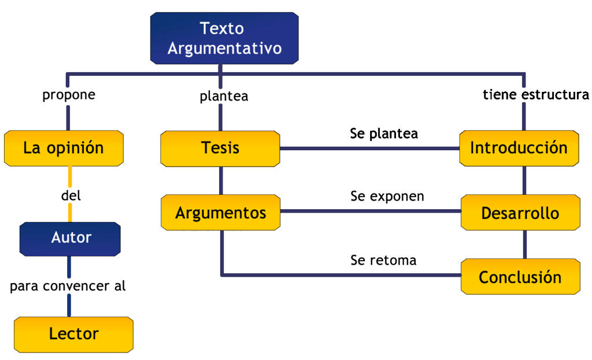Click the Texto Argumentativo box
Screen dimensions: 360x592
click(224, 38)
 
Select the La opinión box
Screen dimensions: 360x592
click(64, 148)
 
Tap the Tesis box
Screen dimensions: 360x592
click(220, 148)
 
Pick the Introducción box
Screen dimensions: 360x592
click(519, 148)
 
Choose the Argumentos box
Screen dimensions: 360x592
click(220, 213)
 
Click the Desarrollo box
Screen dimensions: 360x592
click(520, 213)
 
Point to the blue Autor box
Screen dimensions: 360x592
click(71, 237)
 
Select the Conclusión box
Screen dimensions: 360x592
click(520, 277)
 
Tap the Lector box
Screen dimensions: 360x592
click(73, 334)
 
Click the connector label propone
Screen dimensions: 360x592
click(68, 95)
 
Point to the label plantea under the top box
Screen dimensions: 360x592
click(224, 96)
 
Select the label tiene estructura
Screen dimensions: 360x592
click(535, 95)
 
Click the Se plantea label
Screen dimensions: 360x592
click(383, 133)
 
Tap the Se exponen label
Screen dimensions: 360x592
click(387, 196)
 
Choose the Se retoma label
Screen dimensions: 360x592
click(383, 260)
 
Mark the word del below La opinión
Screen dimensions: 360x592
click(71, 196)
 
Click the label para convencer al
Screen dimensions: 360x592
click(68, 285)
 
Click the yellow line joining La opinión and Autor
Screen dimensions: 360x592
click(70, 176)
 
